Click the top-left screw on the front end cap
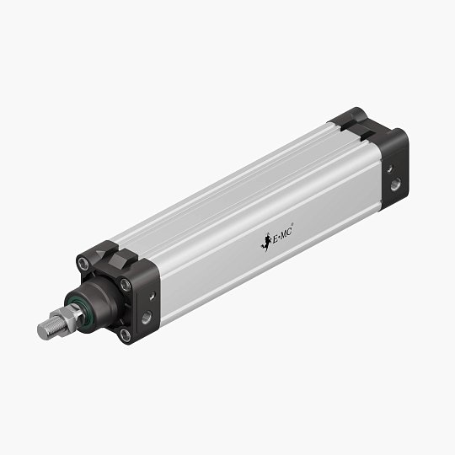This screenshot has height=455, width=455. pos(83,264)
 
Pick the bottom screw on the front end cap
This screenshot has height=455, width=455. pos(126,335)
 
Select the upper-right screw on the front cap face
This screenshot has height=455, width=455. pos(125,285)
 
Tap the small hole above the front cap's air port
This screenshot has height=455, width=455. pos(153,297)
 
